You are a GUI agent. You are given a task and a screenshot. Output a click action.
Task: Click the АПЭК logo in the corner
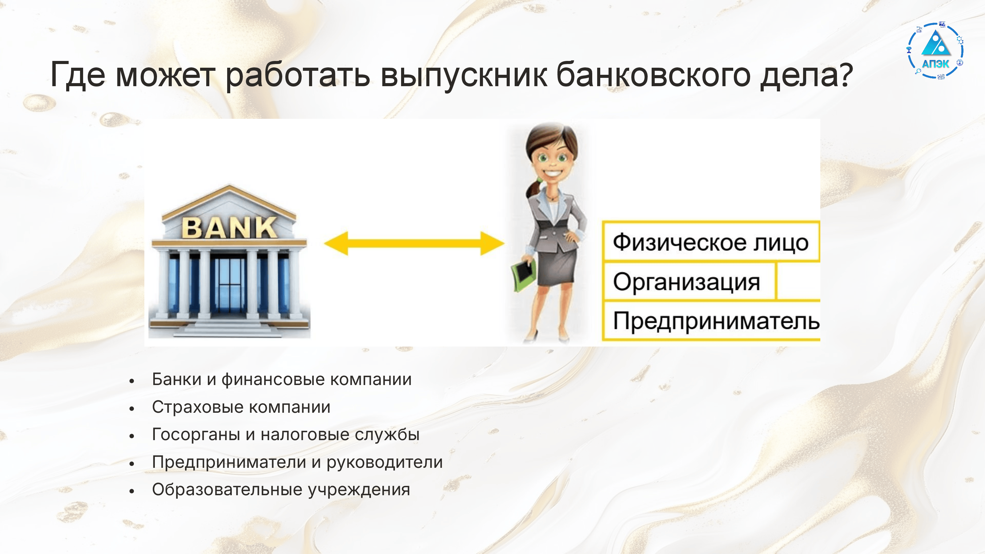935,51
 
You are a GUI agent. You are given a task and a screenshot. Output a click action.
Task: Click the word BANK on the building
229,228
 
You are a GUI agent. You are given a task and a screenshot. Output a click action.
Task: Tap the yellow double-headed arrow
414,243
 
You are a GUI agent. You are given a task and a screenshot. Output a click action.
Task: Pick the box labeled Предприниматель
712,321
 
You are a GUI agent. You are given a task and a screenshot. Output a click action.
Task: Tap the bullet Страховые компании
241,407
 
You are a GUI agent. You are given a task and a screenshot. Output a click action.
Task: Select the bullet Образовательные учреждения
281,490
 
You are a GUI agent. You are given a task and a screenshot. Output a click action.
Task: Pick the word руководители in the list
385,463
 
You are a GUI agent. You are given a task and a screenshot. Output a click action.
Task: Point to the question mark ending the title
844,74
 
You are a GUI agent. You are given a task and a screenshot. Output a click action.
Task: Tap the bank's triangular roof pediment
229,203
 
